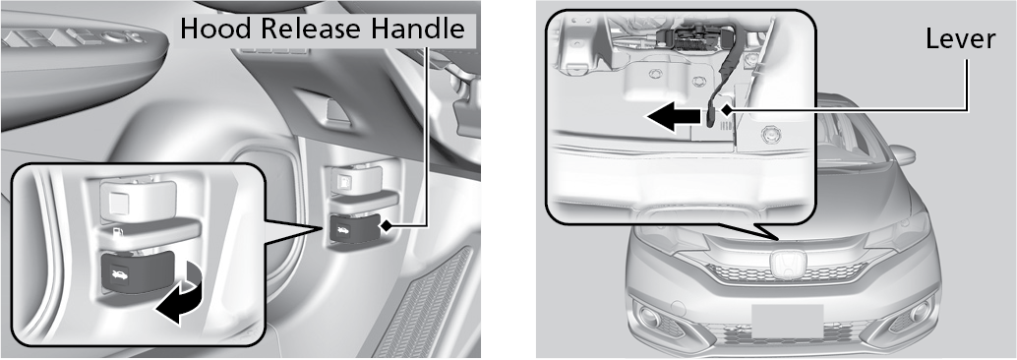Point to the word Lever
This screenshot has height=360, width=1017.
click(960, 39)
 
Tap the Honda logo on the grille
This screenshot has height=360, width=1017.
click(786, 266)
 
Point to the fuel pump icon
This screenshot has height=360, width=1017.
click(118, 231)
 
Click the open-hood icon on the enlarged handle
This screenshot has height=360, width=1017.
click(121, 276)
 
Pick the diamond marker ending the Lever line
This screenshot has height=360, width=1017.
click(725, 110)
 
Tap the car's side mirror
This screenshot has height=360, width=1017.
click(901, 155)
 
